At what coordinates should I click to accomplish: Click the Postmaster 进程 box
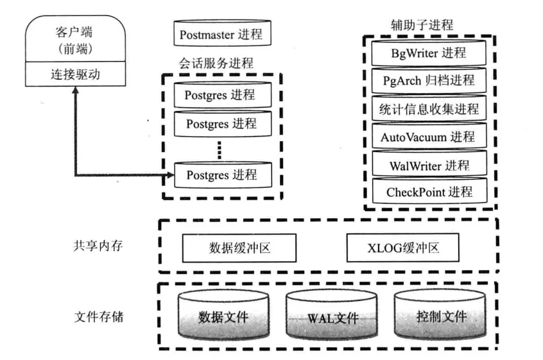click(x=221, y=34)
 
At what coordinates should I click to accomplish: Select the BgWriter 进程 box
click(x=429, y=53)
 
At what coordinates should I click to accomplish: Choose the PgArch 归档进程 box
click(x=429, y=80)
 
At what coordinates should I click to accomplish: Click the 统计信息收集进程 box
click(x=429, y=108)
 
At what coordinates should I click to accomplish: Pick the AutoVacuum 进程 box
click(x=429, y=137)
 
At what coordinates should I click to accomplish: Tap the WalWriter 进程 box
click(x=429, y=165)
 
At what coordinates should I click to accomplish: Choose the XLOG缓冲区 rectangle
click(x=402, y=248)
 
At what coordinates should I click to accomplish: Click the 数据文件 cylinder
click(x=223, y=316)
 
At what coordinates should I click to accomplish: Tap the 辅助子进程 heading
click(x=422, y=25)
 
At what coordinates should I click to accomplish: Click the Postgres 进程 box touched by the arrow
click(x=221, y=174)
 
